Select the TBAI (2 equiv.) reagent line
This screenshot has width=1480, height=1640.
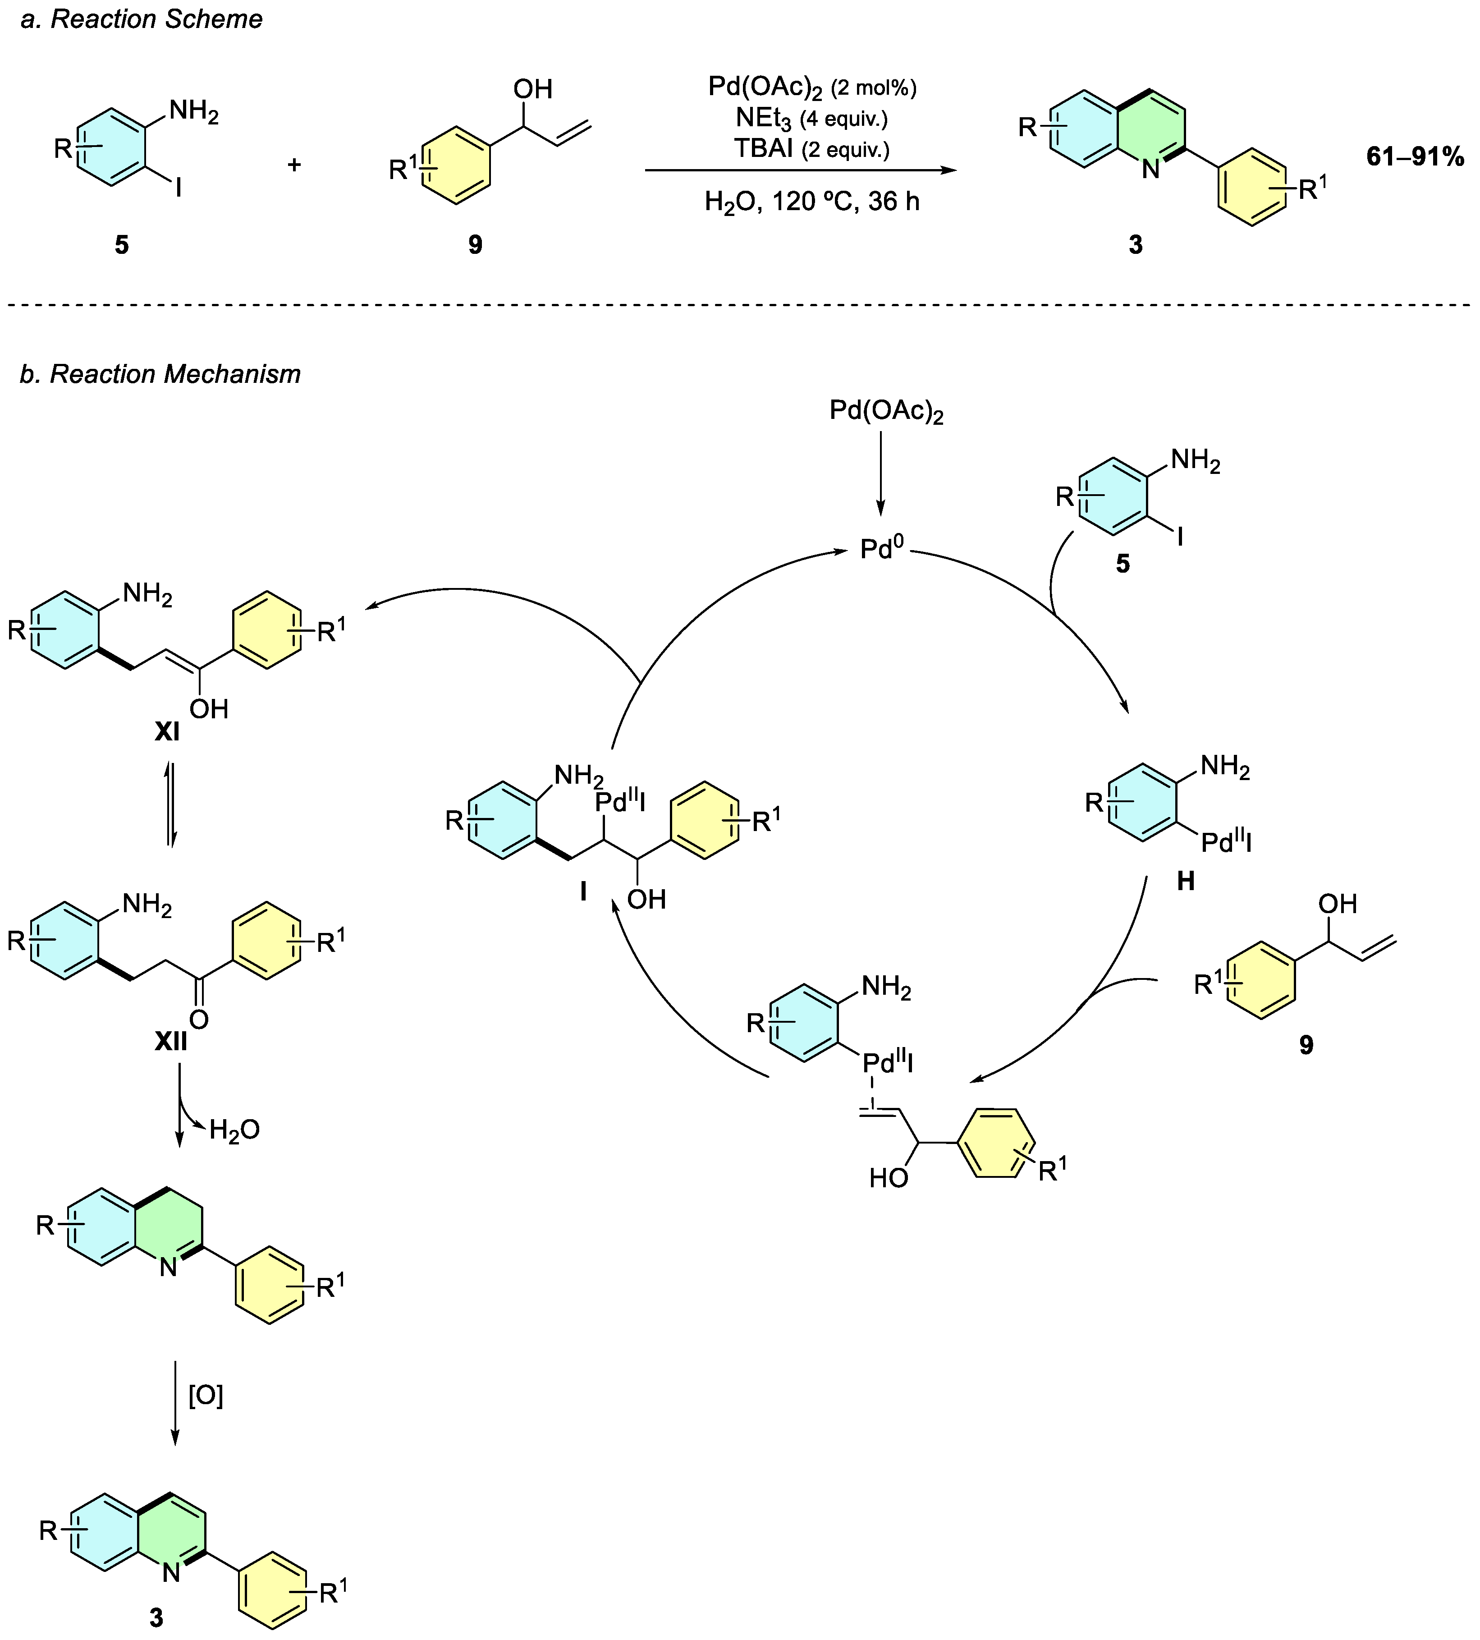pyautogui.click(x=811, y=149)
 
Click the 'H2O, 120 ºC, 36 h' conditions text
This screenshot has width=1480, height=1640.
pyautogui.click(x=811, y=201)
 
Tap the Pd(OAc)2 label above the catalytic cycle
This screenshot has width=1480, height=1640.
pyautogui.click(x=886, y=412)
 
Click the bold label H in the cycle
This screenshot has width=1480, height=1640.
pyautogui.click(x=1186, y=881)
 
